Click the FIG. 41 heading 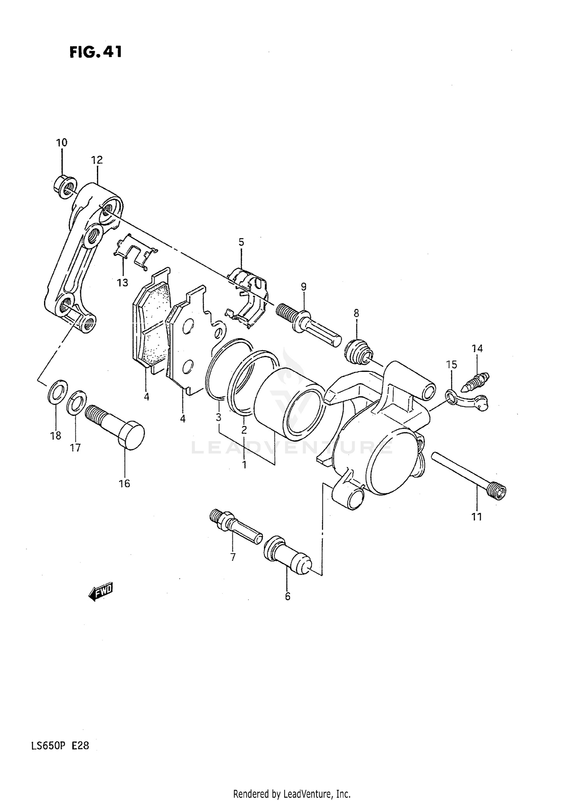[x=96, y=52]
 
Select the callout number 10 [x=62, y=143]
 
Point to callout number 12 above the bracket [x=97, y=160]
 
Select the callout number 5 [x=241, y=242]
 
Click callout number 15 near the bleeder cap [x=452, y=365]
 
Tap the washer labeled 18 [x=57, y=391]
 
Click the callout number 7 [x=233, y=557]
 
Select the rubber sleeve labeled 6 [x=287, y=555]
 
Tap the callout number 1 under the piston [x=244, y=464]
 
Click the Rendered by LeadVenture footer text [x=292, y=794]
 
